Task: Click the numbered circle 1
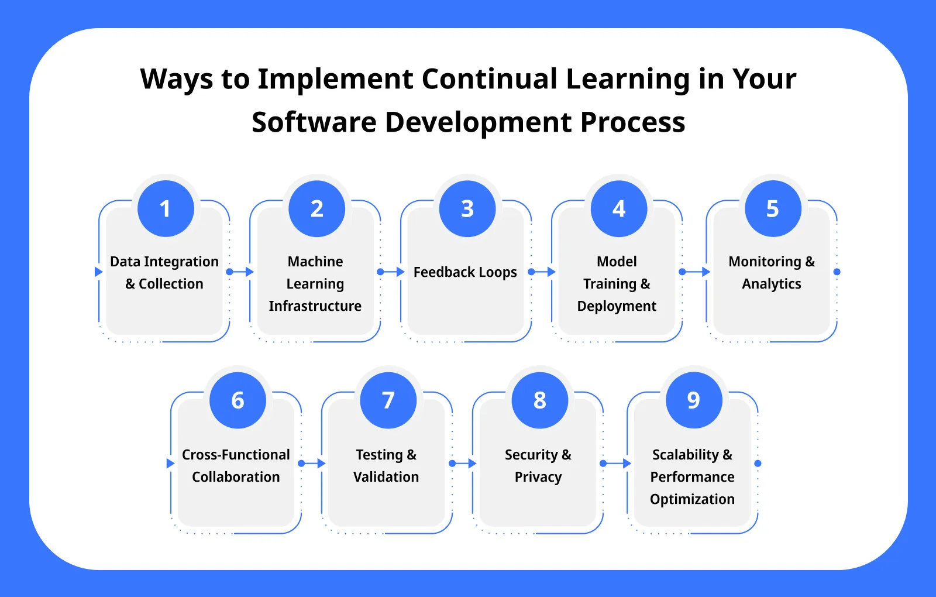(166, 208)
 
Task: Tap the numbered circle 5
(773, 208)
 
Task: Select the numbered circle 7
(388, 400)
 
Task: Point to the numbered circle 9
(694, 400)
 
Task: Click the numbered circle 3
(467, 208)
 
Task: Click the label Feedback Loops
(465, 272)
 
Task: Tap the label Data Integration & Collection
(164, 273)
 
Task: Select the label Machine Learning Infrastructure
(315, 284)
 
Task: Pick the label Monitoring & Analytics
(772, 273)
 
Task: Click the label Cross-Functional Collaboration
(236, 466)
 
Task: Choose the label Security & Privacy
(538, 466)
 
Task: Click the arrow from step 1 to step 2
(240, 272)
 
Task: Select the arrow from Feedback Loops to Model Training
(542, 272)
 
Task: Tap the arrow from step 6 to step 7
(312, 464)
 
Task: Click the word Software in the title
(314, 122)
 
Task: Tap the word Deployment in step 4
(617, 306)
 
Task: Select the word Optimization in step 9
(692, 499)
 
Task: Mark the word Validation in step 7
(386, 477)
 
